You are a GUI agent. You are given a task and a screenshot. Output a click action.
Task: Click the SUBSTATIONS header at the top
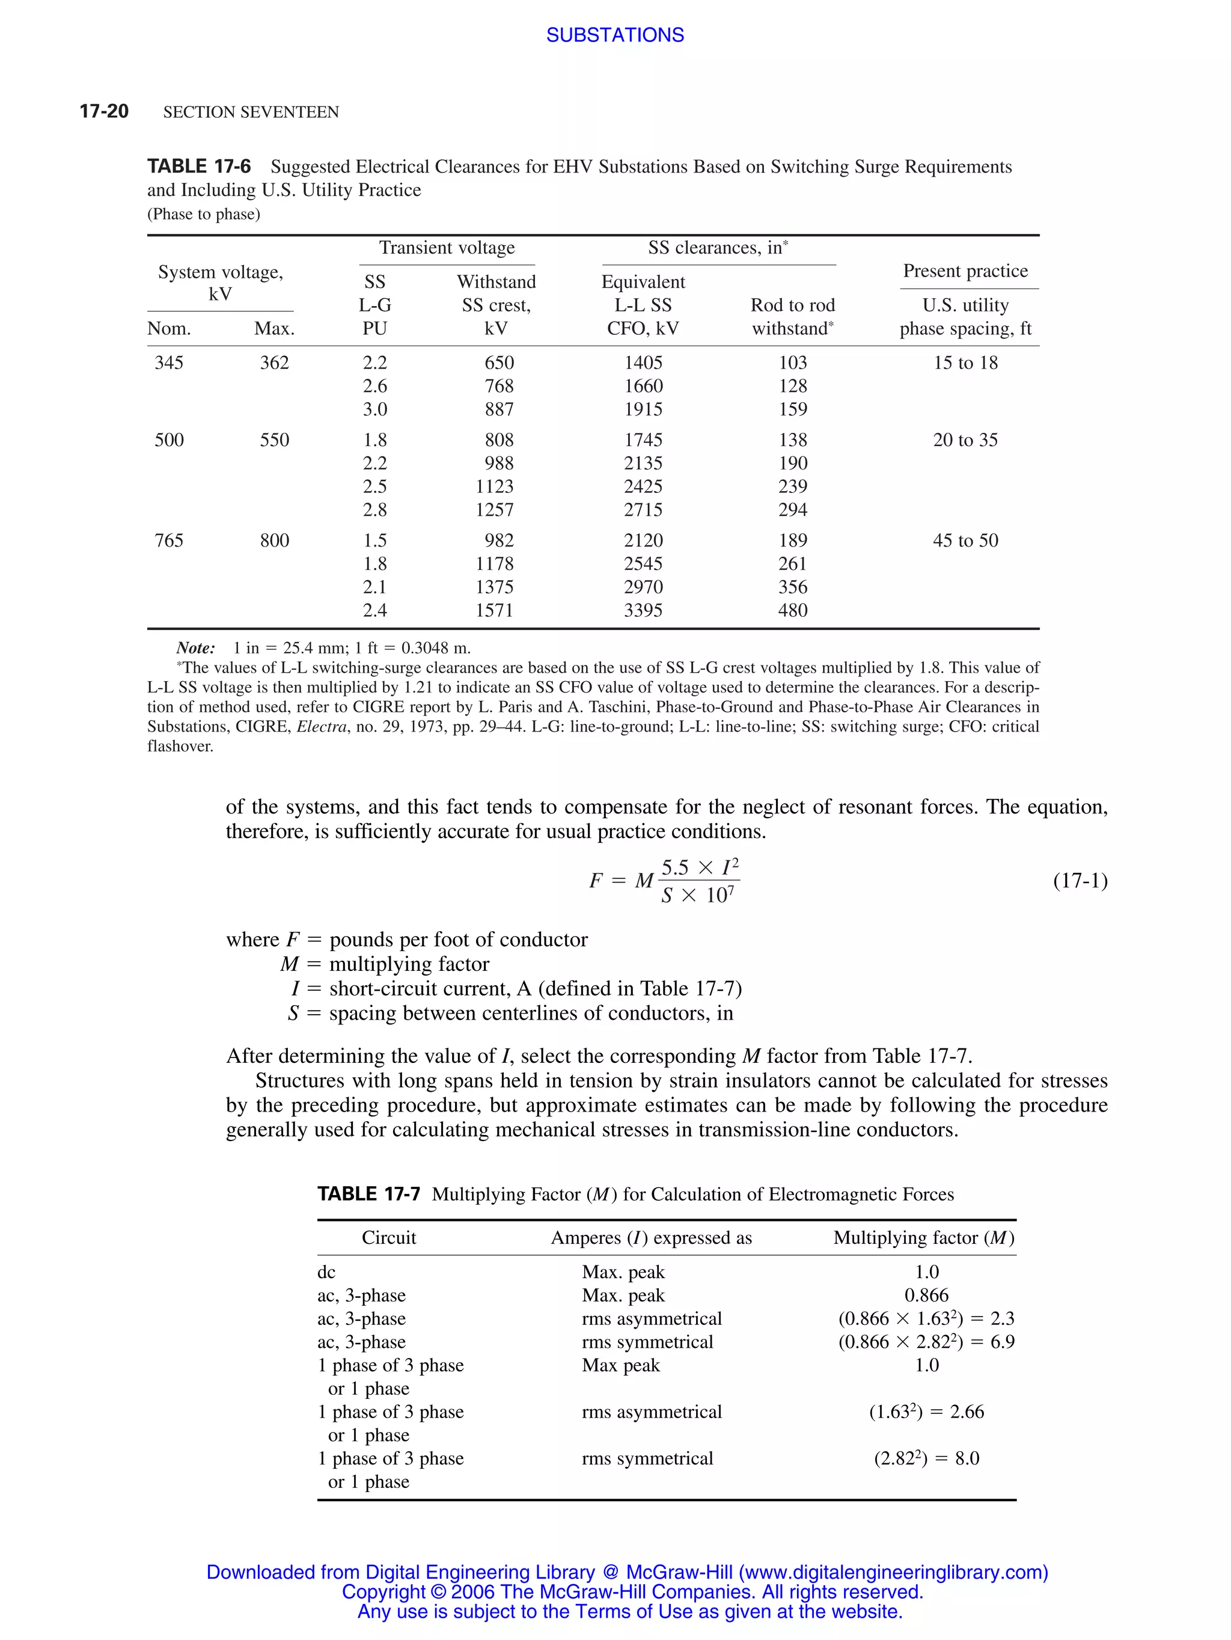614,35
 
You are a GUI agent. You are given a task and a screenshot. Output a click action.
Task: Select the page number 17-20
104,111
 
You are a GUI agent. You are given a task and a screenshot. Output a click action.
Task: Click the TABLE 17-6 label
198,166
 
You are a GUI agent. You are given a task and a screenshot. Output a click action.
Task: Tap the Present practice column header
965,271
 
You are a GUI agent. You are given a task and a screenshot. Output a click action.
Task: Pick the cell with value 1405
643,363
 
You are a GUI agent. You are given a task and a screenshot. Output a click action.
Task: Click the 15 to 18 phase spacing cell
965,363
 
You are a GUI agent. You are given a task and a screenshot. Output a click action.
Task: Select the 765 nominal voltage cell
169,540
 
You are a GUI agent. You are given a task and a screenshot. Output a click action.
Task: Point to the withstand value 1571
494,610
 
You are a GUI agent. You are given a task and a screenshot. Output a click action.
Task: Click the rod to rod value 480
792,610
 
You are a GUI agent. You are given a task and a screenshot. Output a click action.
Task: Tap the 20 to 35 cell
965,439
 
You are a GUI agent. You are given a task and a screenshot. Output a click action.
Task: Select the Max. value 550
274,439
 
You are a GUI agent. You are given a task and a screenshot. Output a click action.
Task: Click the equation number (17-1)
1080,881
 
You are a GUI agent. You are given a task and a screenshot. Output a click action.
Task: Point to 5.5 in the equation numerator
674,867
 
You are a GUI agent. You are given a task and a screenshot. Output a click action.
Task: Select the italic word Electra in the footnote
321,727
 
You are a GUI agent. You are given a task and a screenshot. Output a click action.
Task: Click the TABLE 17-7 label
368,1194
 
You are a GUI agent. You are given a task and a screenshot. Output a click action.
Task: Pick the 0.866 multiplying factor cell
926,1296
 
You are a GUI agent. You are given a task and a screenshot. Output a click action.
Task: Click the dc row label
326,1272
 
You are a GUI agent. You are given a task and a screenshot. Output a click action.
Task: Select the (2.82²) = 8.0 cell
926,1458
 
